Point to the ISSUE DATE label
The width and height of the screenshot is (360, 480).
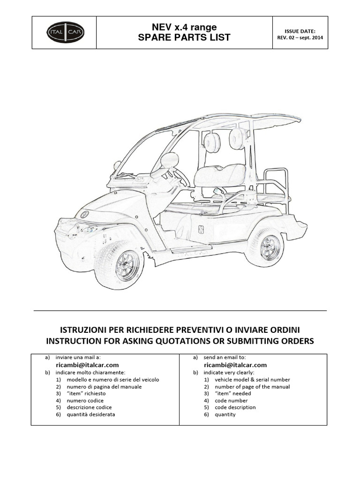tap(300, 31)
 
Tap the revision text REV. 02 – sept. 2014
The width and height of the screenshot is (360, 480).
tap(300, 38)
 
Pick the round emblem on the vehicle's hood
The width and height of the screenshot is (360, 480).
tap(85, 214)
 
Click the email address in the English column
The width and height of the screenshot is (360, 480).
tap(235, 365)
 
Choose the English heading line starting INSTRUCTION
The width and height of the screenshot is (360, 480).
tap(180, 341)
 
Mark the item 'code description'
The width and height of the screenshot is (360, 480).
tap(235, 408)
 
